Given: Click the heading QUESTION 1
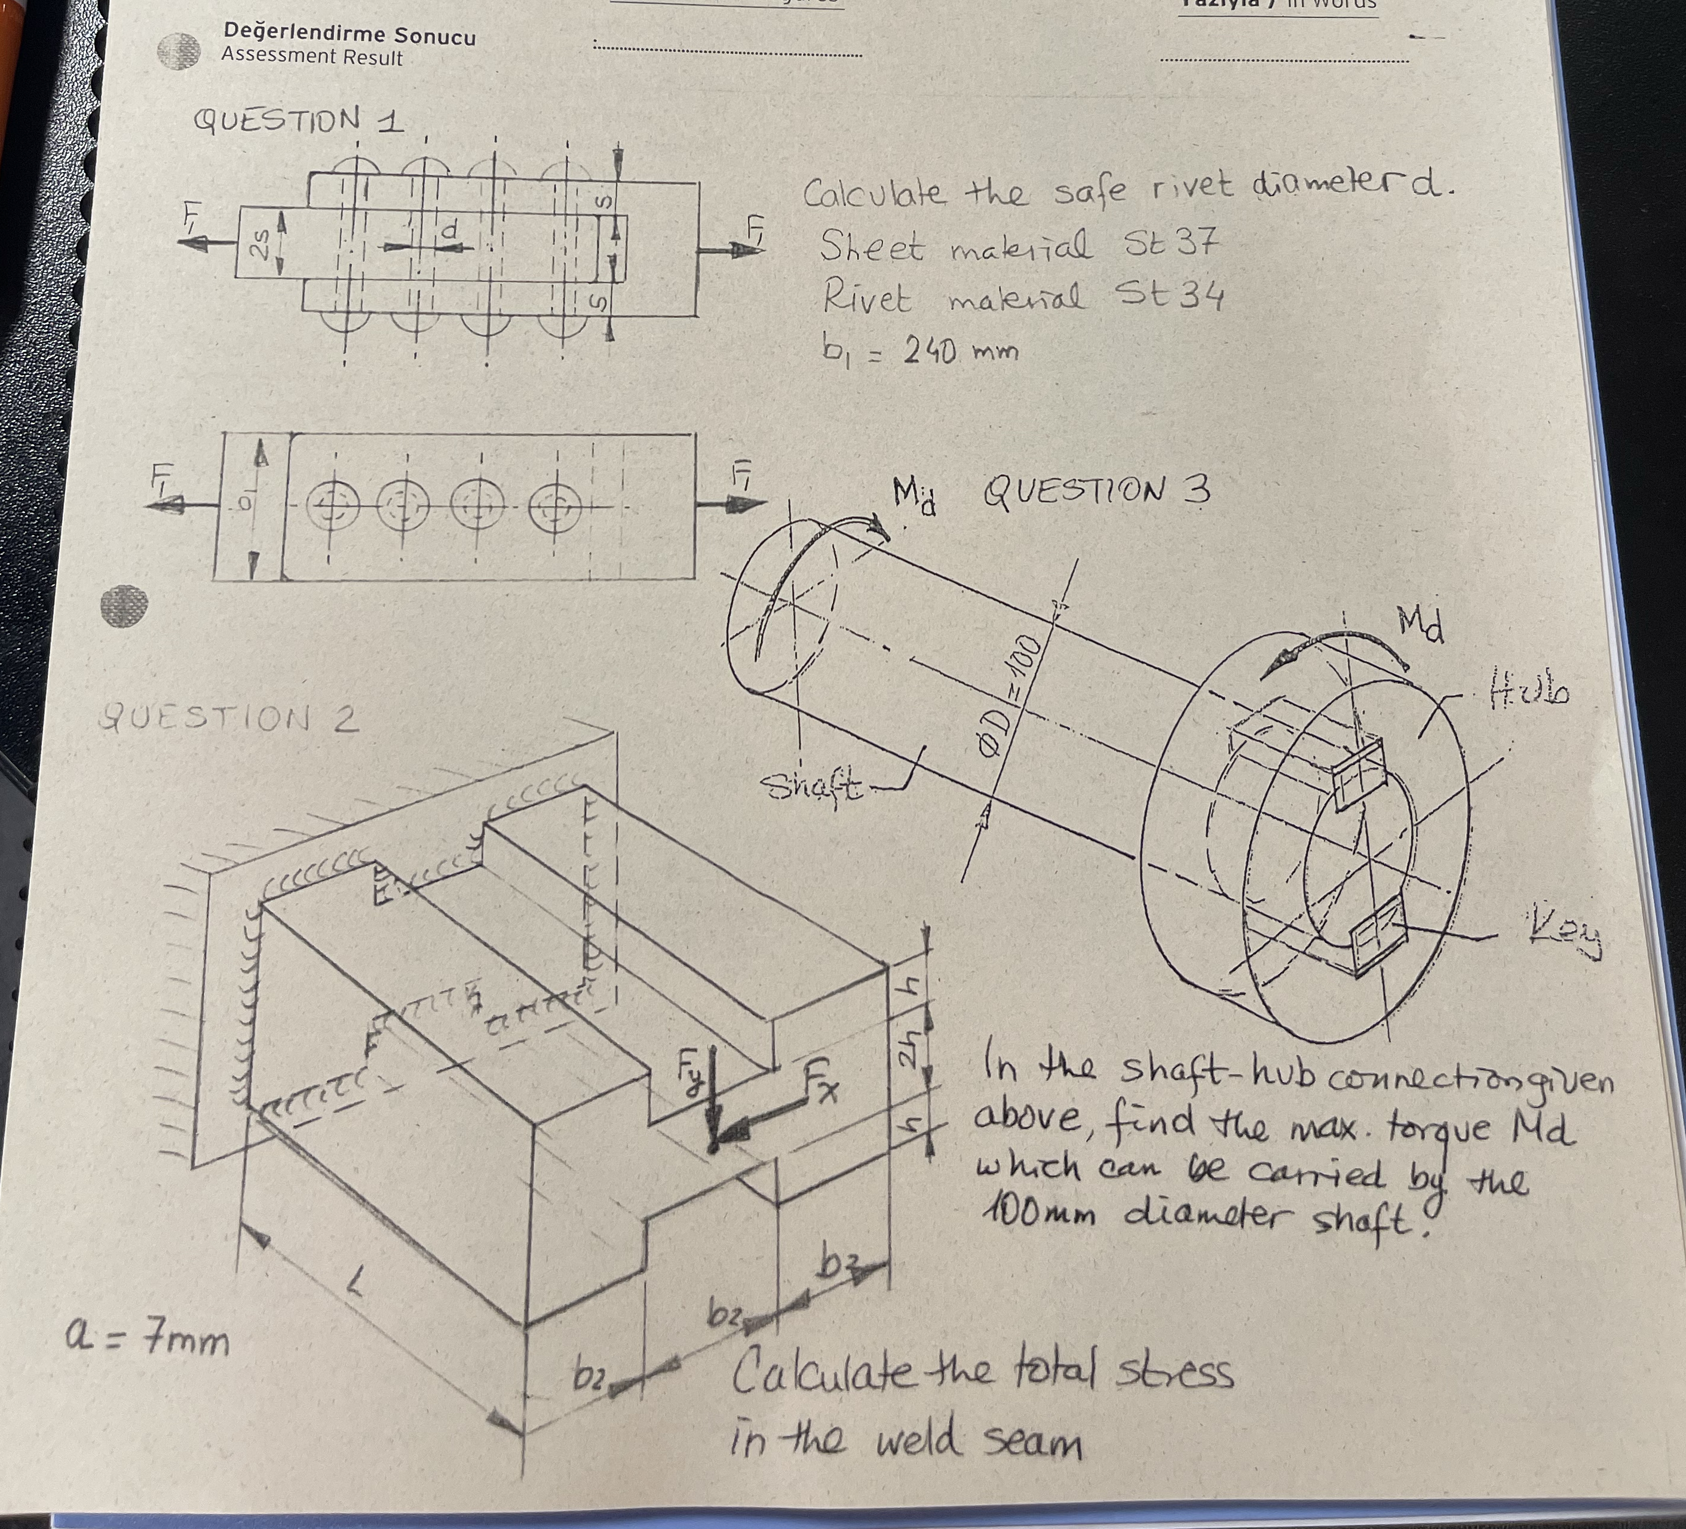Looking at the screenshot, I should pos(298,121).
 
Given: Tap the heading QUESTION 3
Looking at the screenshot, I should pos(1096,492).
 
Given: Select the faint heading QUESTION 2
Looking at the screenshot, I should pos(228,718).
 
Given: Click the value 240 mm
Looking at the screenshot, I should pos(960,351).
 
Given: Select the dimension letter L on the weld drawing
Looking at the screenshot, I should pos(357,1280).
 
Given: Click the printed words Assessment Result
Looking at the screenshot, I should pos(312,58).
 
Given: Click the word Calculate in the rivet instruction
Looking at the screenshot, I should pos(874,194).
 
